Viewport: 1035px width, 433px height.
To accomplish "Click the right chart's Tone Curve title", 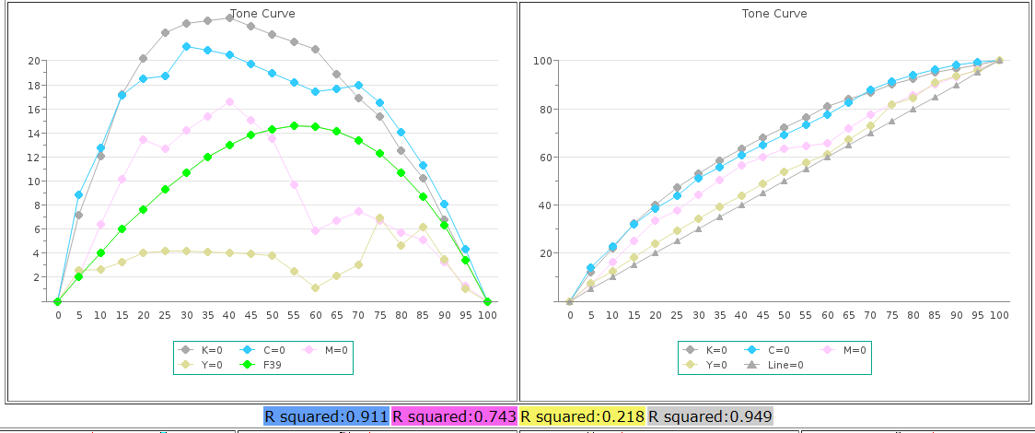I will (774, 14).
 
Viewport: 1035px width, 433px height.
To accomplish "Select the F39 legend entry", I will (272, 365).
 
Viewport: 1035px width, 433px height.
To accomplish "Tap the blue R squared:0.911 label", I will (326, 416).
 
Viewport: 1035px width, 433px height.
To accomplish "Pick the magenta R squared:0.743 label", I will (455, 416).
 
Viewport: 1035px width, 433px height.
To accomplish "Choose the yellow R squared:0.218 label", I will (583, 416).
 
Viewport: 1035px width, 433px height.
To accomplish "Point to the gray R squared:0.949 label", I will (710, 416).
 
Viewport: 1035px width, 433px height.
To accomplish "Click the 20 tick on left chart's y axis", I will (34, 61).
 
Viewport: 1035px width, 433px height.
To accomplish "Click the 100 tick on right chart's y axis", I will (542, 61).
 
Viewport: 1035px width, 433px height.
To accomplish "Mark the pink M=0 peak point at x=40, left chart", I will (229, 102).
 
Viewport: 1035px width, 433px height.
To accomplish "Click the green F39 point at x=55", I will (294, 125).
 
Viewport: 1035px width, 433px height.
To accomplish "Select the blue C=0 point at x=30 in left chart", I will (186, 46).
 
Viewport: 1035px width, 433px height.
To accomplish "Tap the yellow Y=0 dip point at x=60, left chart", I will (315, 287).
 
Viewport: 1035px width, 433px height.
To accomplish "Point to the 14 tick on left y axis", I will (34, 133).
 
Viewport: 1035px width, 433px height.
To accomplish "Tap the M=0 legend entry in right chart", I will (852, 350).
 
